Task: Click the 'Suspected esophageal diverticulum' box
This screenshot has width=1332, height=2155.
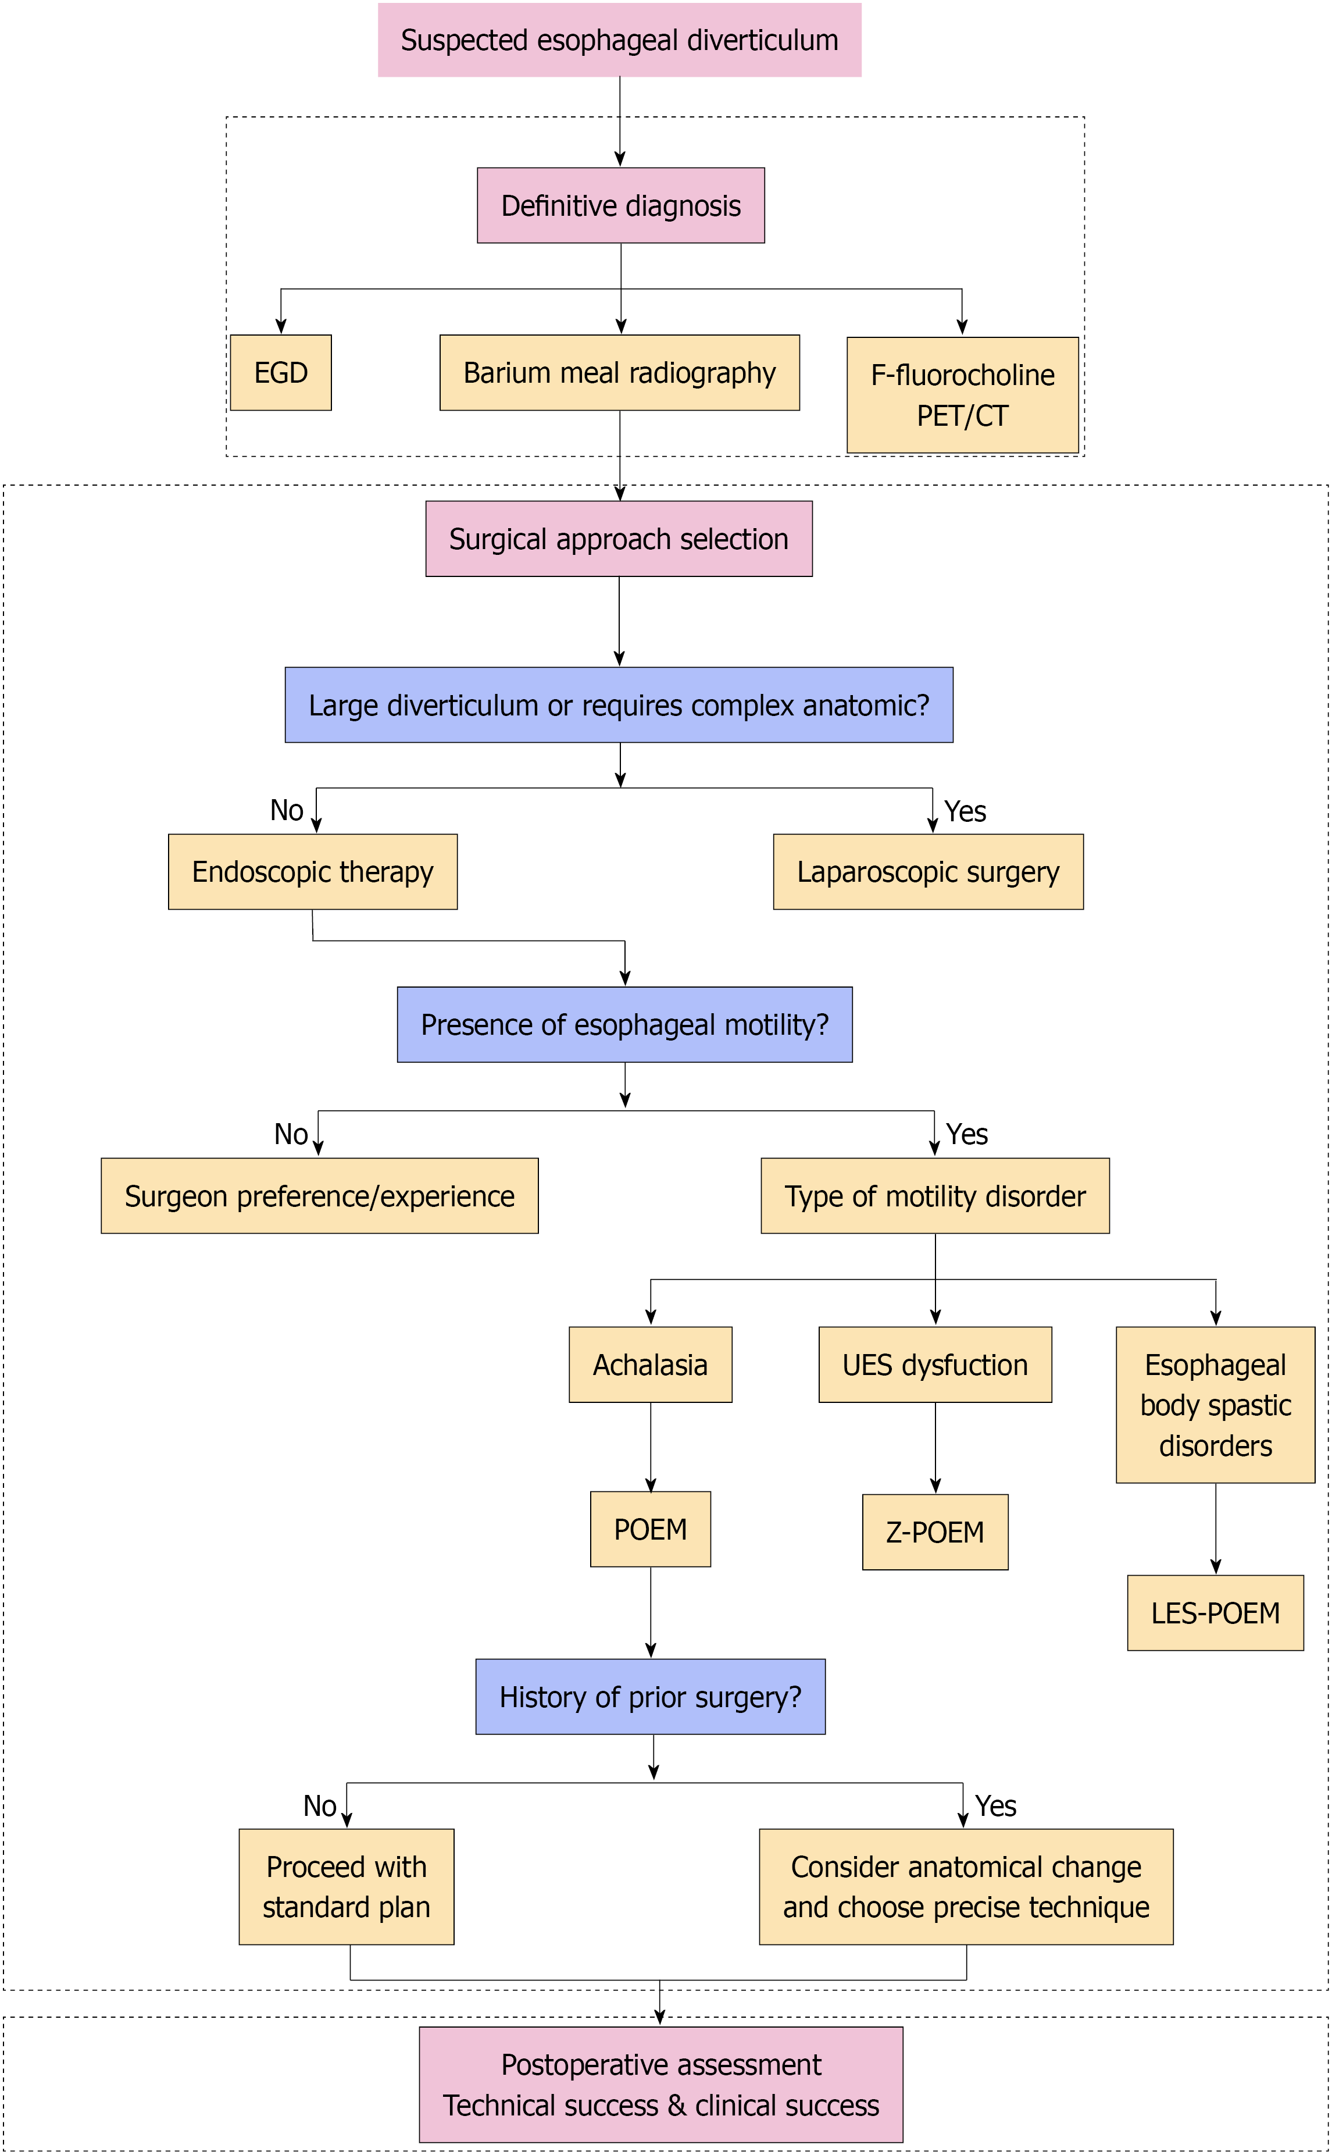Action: (619, 40)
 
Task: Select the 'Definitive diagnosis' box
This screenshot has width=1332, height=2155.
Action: (621, 205)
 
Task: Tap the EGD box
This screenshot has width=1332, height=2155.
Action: (281, 373)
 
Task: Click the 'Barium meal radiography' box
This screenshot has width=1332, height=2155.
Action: (619, 373)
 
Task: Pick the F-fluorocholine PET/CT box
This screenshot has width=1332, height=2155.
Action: (963, 395)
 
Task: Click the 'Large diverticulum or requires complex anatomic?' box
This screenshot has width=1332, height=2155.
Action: (619, 705)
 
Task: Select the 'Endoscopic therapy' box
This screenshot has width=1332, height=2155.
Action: (313, 871)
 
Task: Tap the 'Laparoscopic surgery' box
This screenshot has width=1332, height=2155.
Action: (929, 871)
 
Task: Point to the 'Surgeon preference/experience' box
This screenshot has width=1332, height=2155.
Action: (320, 1195)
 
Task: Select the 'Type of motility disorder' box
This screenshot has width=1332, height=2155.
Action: (935, 1195)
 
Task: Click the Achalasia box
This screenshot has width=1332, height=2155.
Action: (651, 1365)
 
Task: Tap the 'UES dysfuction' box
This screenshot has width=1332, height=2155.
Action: (935, 1365)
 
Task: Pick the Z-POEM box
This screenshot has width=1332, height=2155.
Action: (935, 1532)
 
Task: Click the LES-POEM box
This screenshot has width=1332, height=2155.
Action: (1216, 1613)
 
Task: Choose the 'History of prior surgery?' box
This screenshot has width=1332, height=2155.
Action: (651, 1697)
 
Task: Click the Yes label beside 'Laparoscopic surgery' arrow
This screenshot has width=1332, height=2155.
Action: (966, 811)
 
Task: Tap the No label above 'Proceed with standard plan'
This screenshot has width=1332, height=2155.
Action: (320, 1806)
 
